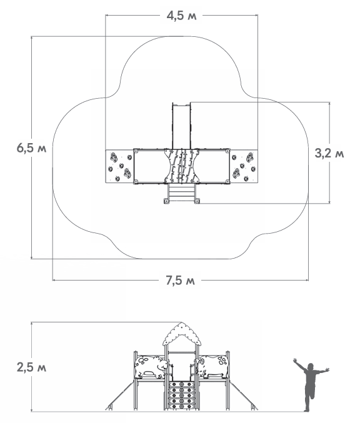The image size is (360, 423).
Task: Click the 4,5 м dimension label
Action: tap(181, 16)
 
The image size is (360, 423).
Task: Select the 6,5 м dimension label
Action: tap(31, 148)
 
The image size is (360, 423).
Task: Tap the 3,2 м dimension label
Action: tap(329, 153)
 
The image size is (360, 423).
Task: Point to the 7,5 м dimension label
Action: tap(180, 281)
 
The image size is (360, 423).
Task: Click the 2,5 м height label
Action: tap(31, 367)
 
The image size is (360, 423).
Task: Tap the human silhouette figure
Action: tap(311, 384)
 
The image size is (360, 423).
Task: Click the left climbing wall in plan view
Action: tap(119, 166)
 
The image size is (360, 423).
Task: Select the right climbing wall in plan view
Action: tap(244, 166)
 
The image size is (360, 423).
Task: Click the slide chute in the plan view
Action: tap(181, 126)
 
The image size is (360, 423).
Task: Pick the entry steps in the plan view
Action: tap(181, 192)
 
